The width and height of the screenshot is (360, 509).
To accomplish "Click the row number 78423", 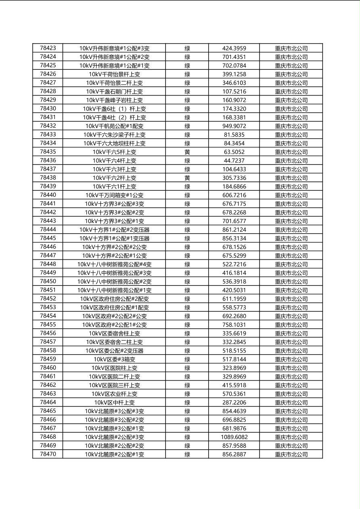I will pos(48,48).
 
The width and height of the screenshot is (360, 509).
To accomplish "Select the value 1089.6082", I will pos(234,437).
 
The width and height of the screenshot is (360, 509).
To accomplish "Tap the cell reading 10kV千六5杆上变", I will pos(114,152).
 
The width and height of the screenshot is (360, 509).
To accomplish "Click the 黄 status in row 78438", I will pos(187,178).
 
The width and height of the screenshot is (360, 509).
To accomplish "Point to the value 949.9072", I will pos(234,126).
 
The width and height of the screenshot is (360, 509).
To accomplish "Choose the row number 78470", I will pos(48,454).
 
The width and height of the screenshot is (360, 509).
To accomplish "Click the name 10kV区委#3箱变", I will pos(114,359).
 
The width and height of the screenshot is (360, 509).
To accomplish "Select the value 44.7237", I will pos(234,161).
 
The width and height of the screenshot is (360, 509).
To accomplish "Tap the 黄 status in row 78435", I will pos(187,152).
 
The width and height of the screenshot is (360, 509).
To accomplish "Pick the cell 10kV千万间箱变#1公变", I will pos(114,195).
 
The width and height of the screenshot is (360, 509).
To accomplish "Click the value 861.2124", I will pos(234,230).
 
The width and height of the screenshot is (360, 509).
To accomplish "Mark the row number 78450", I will pos(48,282).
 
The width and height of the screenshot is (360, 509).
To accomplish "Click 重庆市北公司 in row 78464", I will pos(291,403).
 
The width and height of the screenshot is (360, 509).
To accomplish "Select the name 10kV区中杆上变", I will pos(114,403).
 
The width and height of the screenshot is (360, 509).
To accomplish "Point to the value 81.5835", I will pos(234,135).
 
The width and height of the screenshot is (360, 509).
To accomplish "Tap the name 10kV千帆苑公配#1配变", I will pos(114,126).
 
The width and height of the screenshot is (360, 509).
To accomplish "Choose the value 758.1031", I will pos(234,325).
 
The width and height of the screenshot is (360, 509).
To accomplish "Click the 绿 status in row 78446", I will pos(187,247).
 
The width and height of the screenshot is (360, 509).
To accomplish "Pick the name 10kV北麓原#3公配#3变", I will pos(114,411).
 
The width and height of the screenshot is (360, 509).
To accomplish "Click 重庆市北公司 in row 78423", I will pos(291,48).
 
